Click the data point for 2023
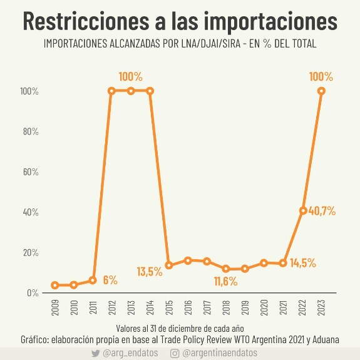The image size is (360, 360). point(321,91)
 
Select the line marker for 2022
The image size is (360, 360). point(303,210)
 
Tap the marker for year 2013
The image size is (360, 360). point(131,91)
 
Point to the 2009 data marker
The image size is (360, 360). point(55,285)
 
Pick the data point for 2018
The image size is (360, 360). point(226,269)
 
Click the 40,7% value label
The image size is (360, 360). point(322,211)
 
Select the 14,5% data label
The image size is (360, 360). point(303,263)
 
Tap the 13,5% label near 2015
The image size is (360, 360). point(150,272)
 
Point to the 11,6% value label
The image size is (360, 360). point(225,281)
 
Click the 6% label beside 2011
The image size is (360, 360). point(110,280)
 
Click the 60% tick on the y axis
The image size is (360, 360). point(31,172)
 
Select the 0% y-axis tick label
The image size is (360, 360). point(33,293)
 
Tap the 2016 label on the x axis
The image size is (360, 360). point(188,307)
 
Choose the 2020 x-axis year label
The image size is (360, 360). point(264,307)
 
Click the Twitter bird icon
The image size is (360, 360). point(95,353)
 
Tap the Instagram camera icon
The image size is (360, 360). point(175,354)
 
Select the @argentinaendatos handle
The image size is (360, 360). point(220,353)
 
